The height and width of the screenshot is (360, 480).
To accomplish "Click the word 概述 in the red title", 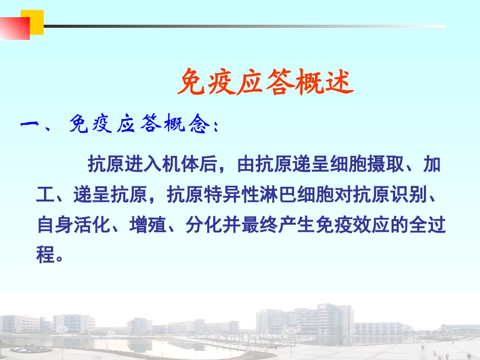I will point(324,82).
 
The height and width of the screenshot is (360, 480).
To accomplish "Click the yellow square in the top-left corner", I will point(36,22).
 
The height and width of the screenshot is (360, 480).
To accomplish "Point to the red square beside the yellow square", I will point(15,28).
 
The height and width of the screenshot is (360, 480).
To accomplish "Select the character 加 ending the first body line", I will point(433,165).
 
